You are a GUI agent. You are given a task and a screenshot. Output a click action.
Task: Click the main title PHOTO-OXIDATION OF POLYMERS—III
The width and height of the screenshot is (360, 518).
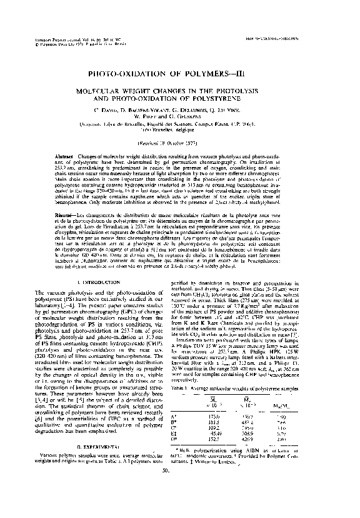point(179,74)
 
